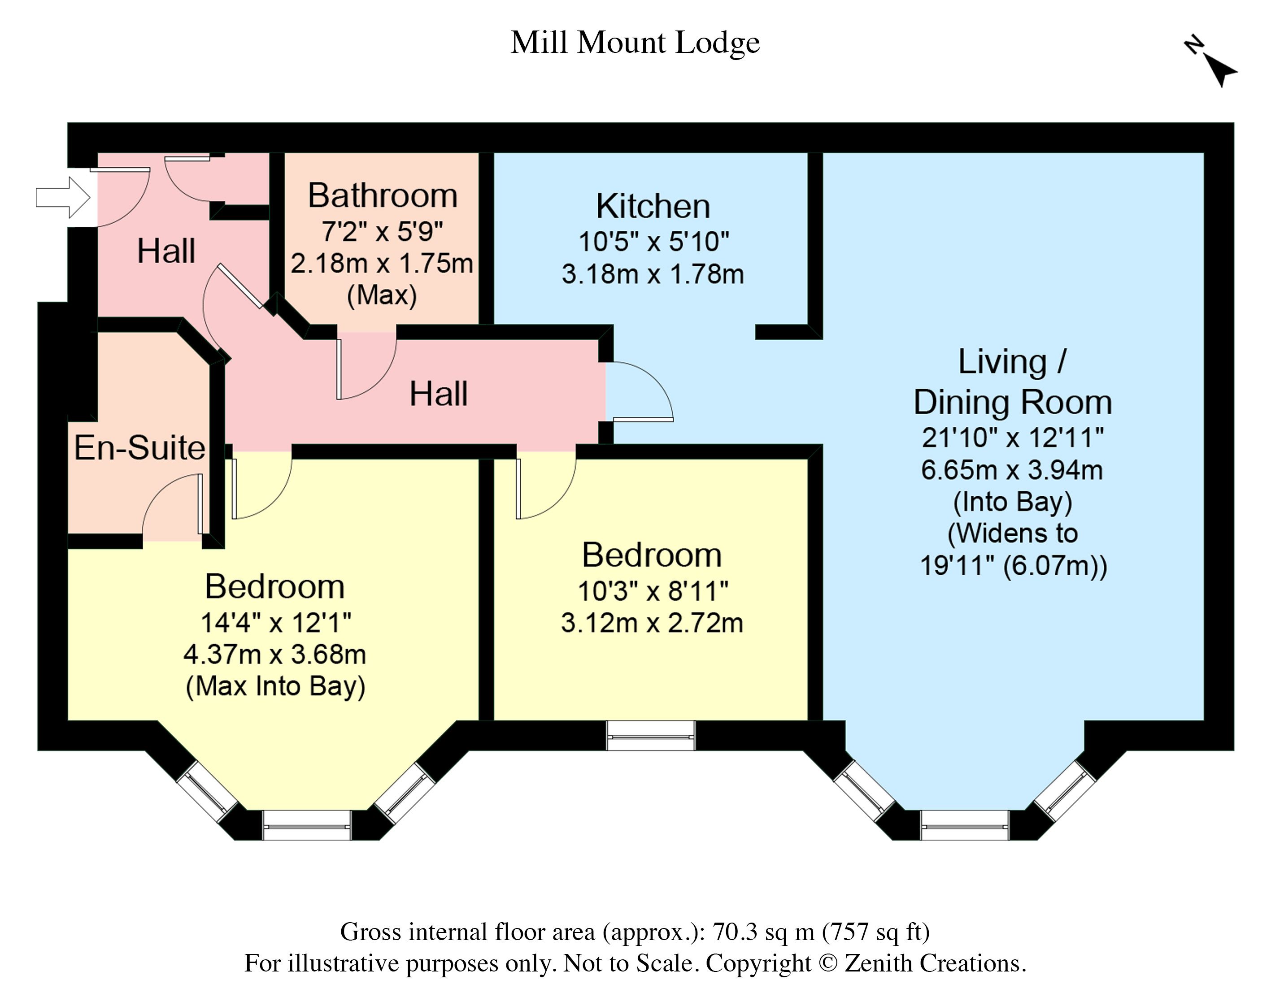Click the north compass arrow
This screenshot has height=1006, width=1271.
click(1216, 69)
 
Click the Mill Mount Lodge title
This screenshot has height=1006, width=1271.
click(635, 43)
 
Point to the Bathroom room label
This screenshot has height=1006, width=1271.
click(383, 195)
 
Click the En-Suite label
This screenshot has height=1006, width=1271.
click(139, 448)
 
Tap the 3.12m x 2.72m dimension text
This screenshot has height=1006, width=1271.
click(652, 623)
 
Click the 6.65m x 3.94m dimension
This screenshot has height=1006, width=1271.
click(1012, 470)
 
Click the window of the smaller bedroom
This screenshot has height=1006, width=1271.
click(651, 736)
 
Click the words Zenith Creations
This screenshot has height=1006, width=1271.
click(935, 963)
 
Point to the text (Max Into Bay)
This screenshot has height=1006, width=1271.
click(275, 687)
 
